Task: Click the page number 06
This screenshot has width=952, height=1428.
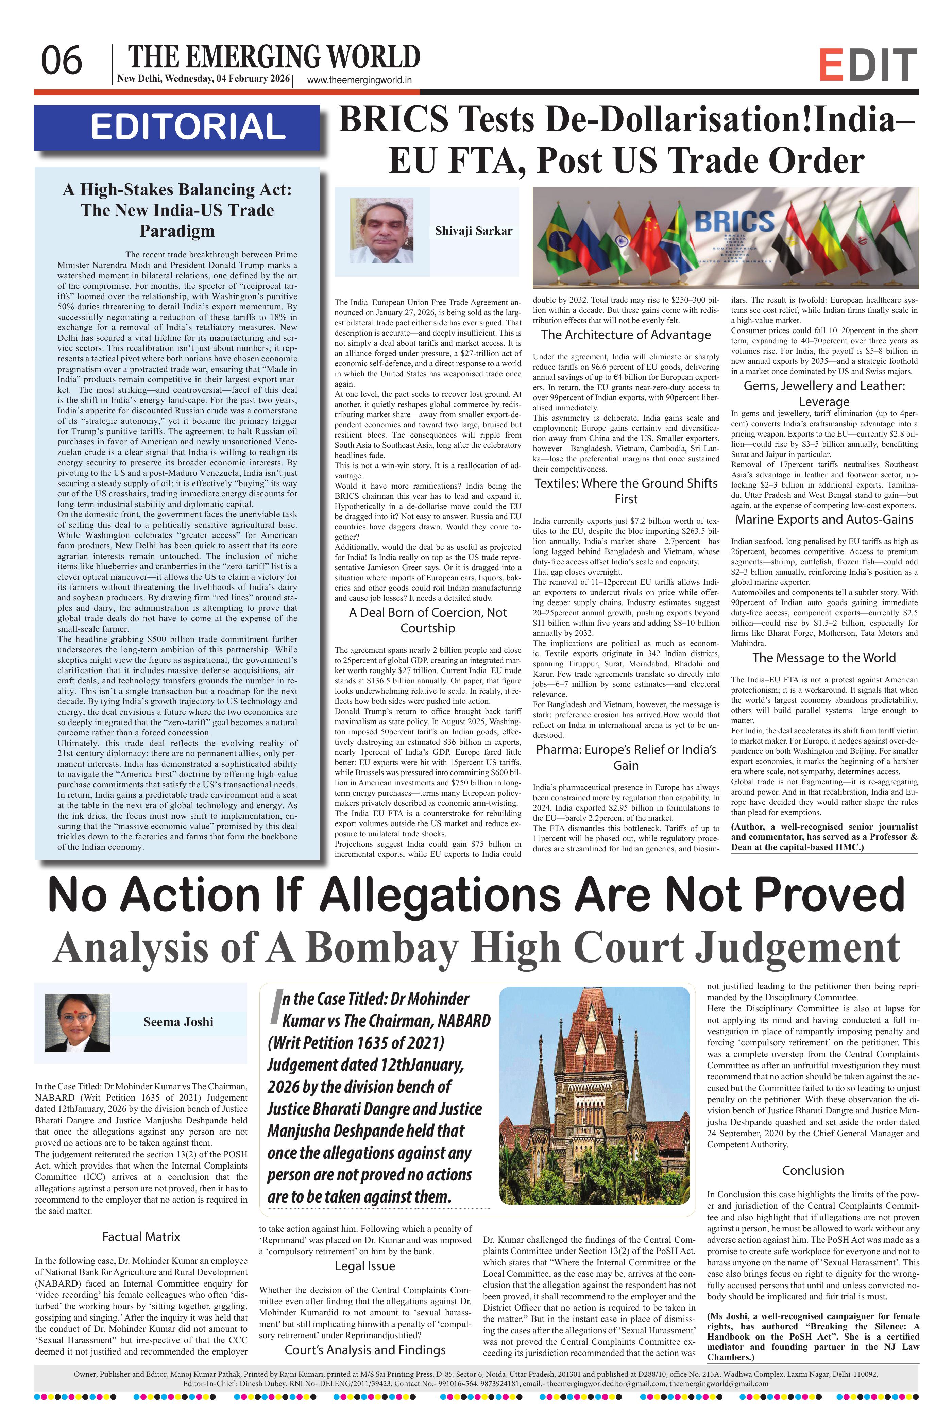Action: pos(61,61)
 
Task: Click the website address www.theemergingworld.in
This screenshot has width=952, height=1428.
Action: pos(359,80)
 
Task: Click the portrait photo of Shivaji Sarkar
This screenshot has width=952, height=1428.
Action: pos(381,231)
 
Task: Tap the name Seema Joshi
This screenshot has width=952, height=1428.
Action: pos(178,1022)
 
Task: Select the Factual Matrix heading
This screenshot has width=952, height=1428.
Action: pos(141,1237)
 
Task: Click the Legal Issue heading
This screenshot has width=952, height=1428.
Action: pos(365,1266)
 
